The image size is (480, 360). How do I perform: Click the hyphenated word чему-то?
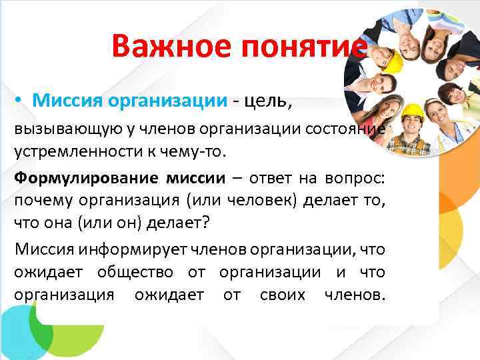click(198, 150)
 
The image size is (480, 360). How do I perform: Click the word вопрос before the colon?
click(359, 178)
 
